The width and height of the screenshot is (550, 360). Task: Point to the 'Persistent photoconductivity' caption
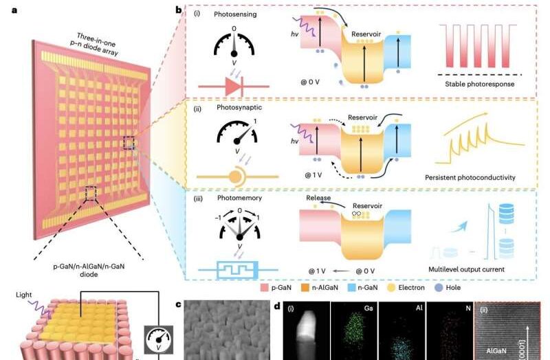click(470, 177)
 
